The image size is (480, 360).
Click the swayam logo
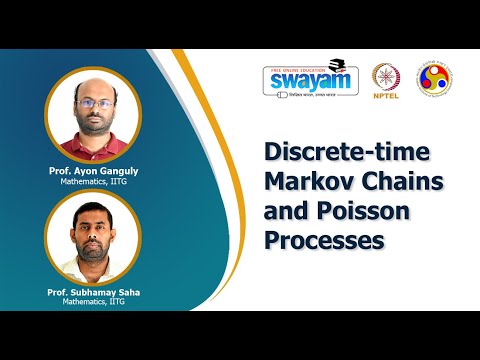(x=310, y=80)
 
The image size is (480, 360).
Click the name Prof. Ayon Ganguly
(x=93, y=171)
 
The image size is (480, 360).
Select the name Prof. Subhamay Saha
(x=93, y=290)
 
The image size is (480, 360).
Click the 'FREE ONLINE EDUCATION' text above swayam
(x=301, y=67)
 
